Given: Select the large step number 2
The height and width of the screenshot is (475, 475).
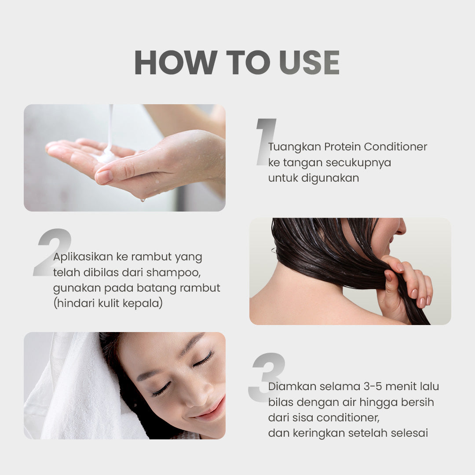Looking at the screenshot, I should click(52, 252).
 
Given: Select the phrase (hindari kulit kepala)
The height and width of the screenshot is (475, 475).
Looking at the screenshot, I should click(108, 303).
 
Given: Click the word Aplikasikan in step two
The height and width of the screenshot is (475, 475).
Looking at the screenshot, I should click(83, 257).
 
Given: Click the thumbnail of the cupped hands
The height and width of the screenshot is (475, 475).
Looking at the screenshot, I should click(124, 157).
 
